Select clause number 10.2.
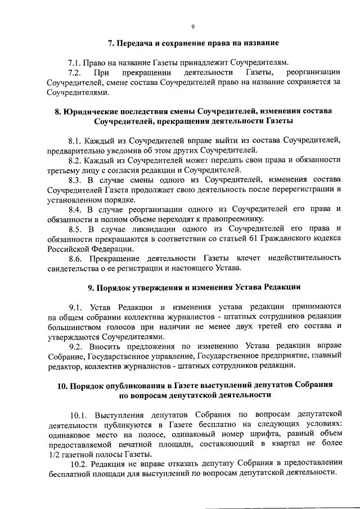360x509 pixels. pos(78,465)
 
